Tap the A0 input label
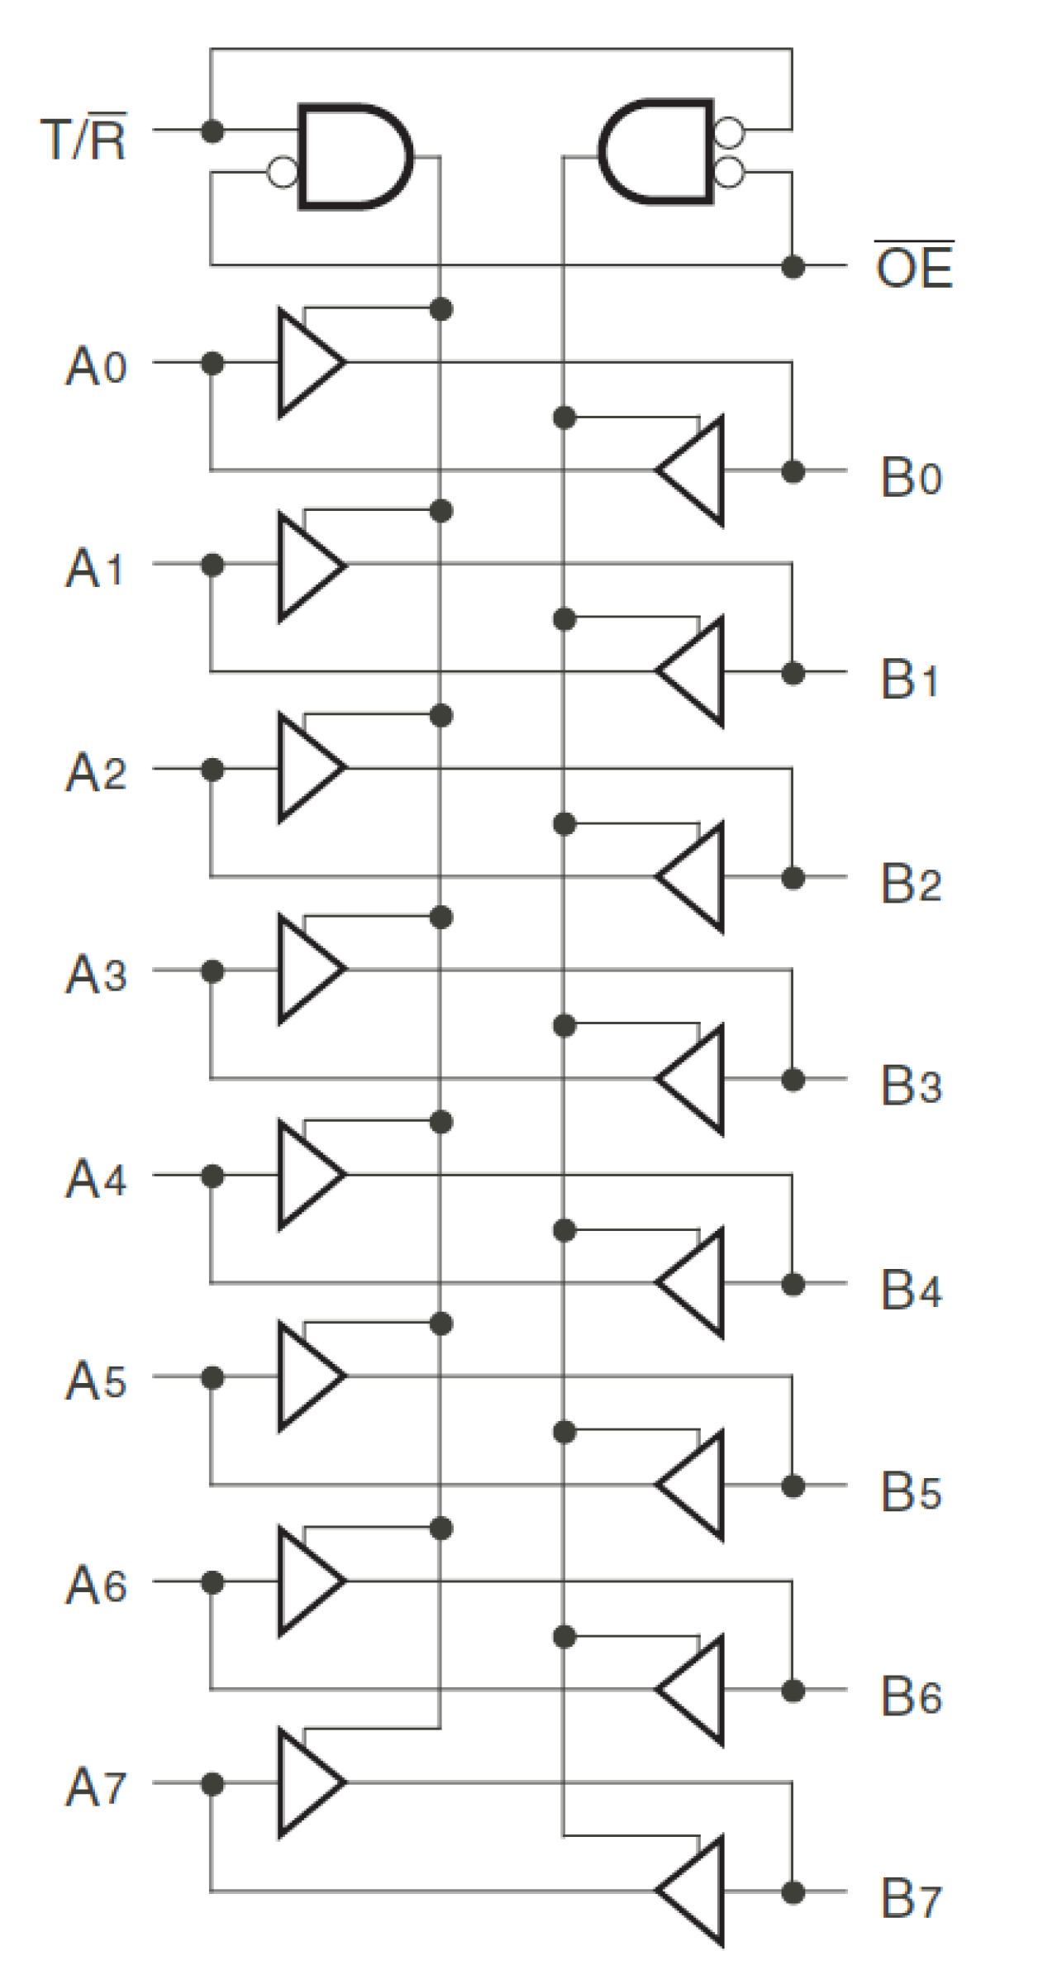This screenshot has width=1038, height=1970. click(96, 365)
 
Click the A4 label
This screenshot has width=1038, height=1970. click(96, 1177)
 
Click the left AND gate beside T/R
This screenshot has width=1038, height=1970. click(351, 156)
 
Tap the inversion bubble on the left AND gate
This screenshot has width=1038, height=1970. click(283, 172)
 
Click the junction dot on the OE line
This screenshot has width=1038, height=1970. click(793, 266)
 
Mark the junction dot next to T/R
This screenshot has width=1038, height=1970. click(212, 130)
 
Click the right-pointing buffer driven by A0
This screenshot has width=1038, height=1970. click(308, 362)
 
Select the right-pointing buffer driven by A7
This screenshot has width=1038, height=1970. click(308, 1783)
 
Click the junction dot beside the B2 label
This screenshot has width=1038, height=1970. click(793, 877)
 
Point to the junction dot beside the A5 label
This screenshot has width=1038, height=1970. click(212, 1377)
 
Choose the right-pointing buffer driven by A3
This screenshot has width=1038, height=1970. click(308, 969)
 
